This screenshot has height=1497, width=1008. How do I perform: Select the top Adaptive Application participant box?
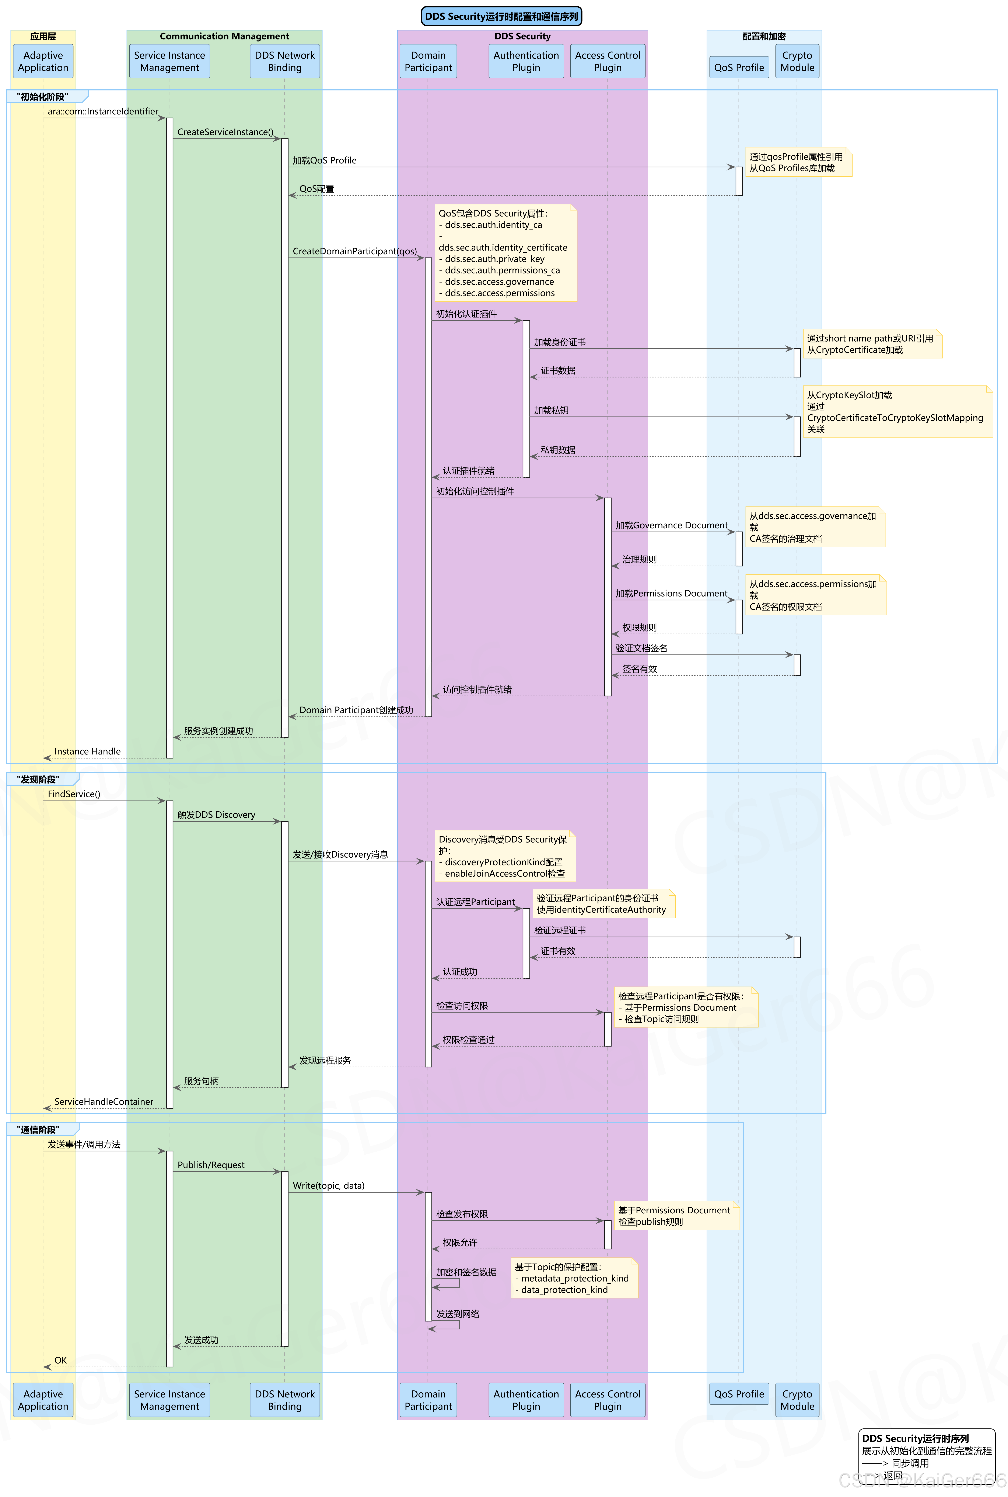click(x=43, y=61)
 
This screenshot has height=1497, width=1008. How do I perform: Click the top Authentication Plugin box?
click(x=526, y=61)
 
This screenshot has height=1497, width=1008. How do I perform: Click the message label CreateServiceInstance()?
click(x=225, y=132)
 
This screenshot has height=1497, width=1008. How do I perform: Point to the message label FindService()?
click(x=74, y=794)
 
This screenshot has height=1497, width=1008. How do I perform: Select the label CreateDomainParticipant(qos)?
click(x=354, y=251)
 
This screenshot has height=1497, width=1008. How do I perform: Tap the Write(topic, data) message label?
click(x=329, y=1186)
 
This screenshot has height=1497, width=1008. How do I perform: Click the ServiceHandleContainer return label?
click(x=104, y=1101)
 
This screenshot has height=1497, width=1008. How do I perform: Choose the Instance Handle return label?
click(x=87, y=751)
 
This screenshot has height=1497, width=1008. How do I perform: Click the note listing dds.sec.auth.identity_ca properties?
click(x=505, y=253)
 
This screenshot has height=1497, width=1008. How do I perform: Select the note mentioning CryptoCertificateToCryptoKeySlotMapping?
click(x=897, y=412)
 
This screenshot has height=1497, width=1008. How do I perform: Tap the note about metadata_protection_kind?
click(x=574, y=1278)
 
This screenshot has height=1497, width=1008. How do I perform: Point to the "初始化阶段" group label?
click(x=42, y=97)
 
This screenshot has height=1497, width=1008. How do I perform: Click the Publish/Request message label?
click(x=211, y=1165)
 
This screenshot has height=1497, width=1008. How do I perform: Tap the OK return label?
click(x=60, y=1360)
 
